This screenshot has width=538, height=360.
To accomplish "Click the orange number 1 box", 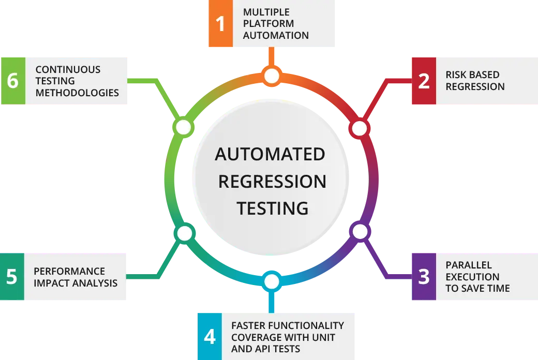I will click(x=220, y=23).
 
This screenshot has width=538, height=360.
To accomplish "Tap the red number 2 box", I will click(x=424, y=80).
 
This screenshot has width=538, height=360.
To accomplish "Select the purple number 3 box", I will click(x=424, y=277).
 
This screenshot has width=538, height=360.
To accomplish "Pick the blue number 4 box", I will click(x=210, y=337).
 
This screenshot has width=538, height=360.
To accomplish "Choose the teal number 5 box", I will click(x=12, y=277).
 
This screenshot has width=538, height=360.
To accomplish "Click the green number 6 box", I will click(x=13, y=81).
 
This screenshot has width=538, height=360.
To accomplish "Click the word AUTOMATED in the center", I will click(x=270, y=154).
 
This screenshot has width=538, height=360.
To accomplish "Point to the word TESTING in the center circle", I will click(x=273, y=208).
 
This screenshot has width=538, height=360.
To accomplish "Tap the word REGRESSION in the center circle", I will click(x=272, y=181).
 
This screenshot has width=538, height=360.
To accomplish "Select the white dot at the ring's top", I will click(x=272, y=77).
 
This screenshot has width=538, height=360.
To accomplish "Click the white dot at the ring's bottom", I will click(x=272, y=282).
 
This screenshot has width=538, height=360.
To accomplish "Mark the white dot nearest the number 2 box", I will click(x=360, y=128).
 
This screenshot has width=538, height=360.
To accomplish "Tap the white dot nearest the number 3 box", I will click(x=360, y=232).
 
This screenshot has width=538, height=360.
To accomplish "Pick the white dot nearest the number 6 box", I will click(x=184, y=127).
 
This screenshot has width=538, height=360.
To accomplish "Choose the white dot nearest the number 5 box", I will click(x=184, y=234).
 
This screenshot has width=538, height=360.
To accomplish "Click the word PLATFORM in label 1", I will click(x=268, y=23).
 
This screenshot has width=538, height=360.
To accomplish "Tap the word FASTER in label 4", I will click(x=250, y=325).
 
